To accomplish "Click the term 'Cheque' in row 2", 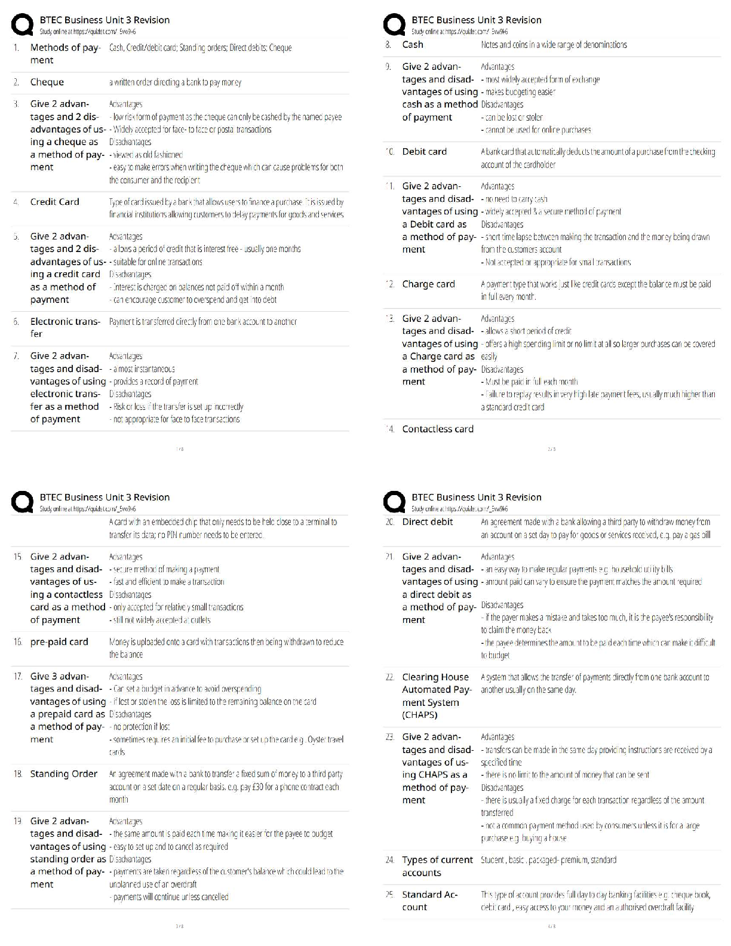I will [x=47, y=82].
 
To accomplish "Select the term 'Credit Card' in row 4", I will [x=55, y=202].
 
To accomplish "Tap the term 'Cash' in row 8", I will [x=413, y=45].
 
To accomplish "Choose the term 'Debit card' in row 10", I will [x=425, y=152].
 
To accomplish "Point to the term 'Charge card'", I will [x=429, y=284].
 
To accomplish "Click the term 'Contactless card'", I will [x=438, y=429].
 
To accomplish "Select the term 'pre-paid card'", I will [x=59, y=642].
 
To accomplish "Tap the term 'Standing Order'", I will [x=64, y=774].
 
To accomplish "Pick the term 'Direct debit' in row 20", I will [x=428, y=522].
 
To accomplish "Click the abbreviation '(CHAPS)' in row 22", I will [x=420, y=715].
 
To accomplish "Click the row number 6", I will [x=16, y=322].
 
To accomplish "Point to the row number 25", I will [x=389, y=895].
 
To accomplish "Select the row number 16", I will [x=17, y=642].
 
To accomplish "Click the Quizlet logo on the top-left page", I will [x=23, y=25].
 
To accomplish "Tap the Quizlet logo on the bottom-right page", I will [x=394, y=502].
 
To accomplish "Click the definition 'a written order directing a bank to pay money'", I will [x=175, y=82].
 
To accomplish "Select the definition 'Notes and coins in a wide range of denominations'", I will [x=554, y=45].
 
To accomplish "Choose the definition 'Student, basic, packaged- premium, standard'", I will [x=548, y=860].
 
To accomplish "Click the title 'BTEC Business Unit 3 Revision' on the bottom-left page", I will [x=105, y=497].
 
